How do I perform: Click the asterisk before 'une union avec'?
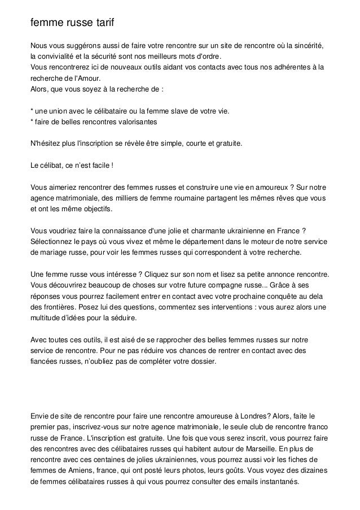pos(32,111)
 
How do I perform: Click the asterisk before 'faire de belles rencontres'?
pos(32,122)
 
